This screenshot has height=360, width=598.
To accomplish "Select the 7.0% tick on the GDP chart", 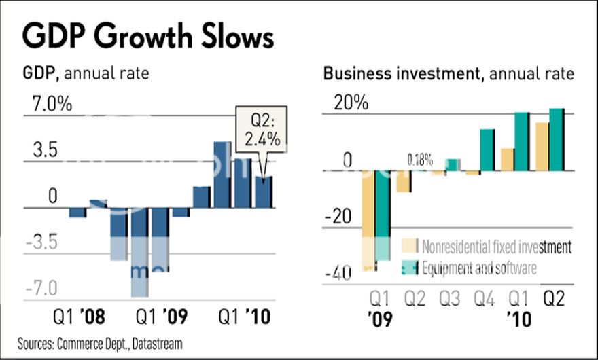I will coord(48,105).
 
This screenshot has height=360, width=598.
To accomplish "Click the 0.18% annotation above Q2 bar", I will coord(420,160).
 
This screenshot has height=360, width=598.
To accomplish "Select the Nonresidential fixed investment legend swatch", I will coord(409,246).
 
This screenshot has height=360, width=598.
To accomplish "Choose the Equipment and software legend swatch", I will coord(409,267).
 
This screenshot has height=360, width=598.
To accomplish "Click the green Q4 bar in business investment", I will coord(487,150).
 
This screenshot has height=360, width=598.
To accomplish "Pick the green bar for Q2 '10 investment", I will coord(557,140).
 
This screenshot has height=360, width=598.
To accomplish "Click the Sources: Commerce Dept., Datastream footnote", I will coord(100,343).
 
